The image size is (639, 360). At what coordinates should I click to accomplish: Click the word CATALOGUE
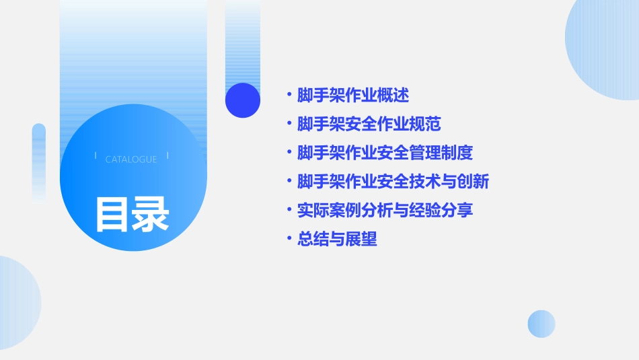[131, 159]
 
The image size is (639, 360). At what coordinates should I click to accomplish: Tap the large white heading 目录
[132, 214]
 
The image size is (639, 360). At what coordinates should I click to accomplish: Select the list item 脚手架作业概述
[353, 96]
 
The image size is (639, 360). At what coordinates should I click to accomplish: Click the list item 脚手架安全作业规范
[369, 124]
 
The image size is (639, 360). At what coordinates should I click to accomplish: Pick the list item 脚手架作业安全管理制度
[385, 153]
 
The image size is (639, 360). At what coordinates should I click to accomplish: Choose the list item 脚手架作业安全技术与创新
[393, 182]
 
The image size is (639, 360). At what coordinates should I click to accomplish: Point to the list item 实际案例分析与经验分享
[385, 210]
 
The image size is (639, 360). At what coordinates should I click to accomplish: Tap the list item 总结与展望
[337, 239]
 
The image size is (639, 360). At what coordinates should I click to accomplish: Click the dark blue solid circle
[243, 100]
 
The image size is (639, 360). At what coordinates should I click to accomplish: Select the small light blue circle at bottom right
[541, 324]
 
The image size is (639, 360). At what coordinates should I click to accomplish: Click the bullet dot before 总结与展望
[289, 239]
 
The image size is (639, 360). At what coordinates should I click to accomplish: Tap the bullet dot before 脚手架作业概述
[289, 96]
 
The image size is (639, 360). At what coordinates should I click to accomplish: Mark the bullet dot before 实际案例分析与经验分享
[289, 210]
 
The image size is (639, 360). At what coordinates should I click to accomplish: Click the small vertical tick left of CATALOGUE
[96, 155]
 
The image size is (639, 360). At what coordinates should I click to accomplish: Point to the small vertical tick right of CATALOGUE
[167, 155]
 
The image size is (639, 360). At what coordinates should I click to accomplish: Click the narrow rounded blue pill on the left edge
[39, 161]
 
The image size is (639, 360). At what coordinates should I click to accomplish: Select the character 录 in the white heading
[151, 214]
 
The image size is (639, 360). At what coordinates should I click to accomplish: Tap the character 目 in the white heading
[112, 214]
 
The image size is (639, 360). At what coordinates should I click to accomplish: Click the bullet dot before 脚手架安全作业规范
[289, 124]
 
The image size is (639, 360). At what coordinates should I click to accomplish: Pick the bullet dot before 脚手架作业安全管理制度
[289, 153]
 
